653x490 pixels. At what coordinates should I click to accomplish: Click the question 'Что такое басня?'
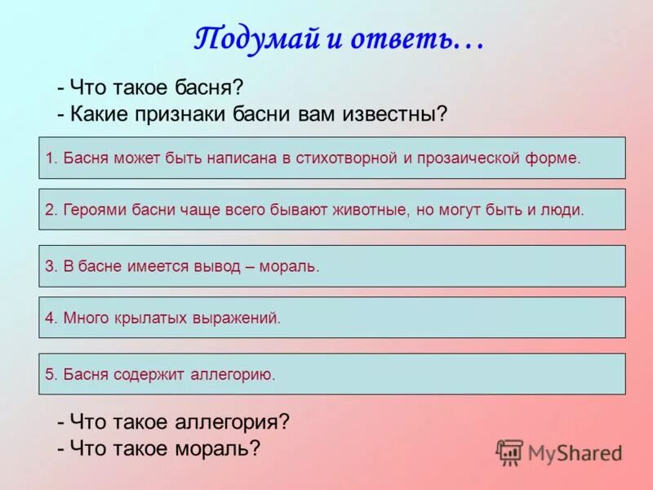point(150,87)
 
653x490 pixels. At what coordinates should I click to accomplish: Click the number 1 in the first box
point(49,158)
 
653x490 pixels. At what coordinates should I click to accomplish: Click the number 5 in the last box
point(49,374)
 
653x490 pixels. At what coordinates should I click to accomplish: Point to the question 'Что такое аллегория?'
point(173,422)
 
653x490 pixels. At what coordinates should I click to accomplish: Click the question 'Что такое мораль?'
point(158,448)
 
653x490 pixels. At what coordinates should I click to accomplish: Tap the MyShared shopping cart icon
point(510,452)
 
